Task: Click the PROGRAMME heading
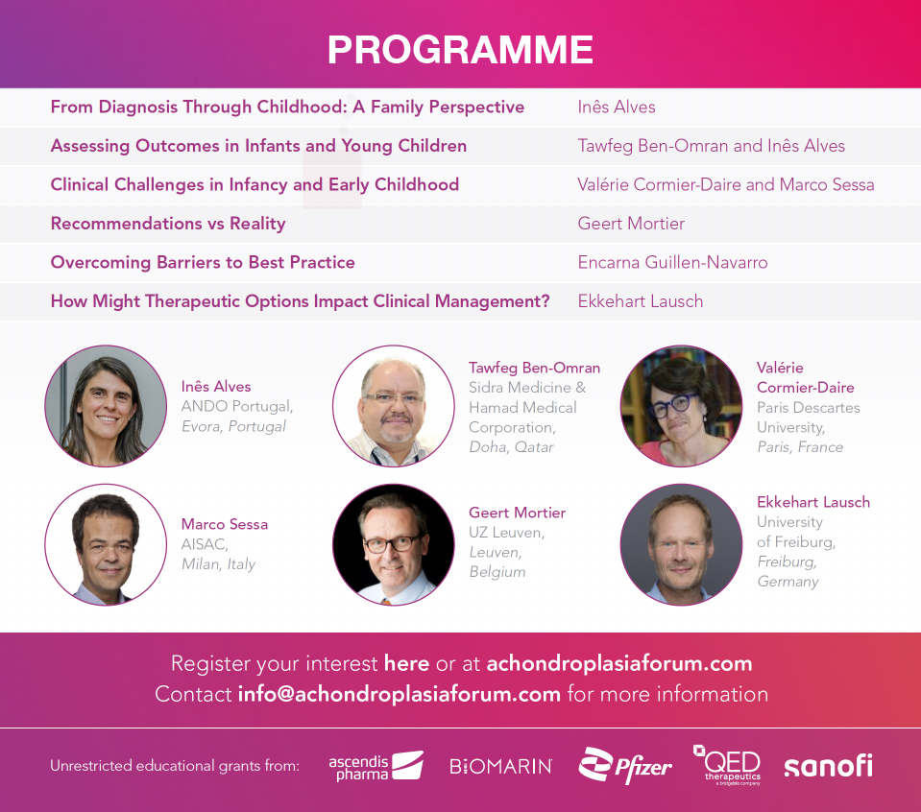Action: point(460,50)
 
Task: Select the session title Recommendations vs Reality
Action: point(168,224)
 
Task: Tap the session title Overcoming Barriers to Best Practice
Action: point(203,262)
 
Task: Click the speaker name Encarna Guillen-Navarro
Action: point(672,262)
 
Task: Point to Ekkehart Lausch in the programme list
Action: point(640,300)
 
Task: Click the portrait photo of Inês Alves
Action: point(106,406)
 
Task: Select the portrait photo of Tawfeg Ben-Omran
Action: point(393,406)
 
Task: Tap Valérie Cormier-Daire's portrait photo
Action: point(681,406)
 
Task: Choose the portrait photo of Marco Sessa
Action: point(106,543)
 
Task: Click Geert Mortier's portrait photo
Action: point(393,543)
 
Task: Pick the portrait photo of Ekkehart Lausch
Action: point(681,543)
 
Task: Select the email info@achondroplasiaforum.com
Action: point(399,694)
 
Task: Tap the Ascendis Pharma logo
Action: point(376,766)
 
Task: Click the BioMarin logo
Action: point(500,766)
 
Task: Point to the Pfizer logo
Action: point(625,765)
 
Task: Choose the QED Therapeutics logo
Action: point(727,765)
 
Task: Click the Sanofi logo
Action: point(828,766)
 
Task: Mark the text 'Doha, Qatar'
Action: point(511,447)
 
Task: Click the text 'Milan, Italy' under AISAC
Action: point(218,564)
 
